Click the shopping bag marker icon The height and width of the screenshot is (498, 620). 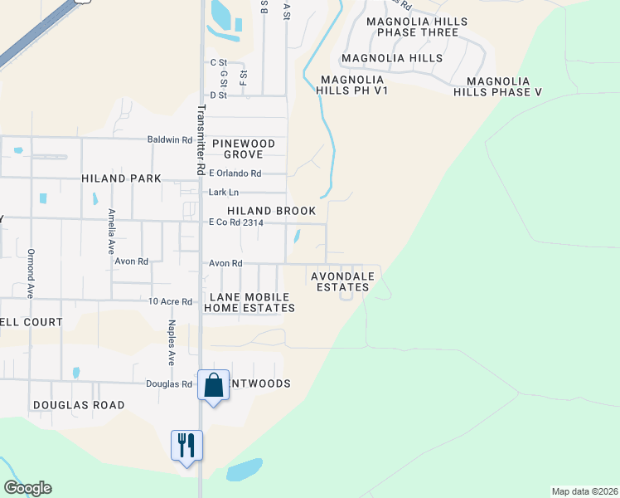tap(214, 386)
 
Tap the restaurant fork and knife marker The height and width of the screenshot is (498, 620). tap(186, 445)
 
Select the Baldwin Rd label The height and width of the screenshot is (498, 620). tap(170, 140)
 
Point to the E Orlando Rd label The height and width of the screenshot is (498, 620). tap(235, 173)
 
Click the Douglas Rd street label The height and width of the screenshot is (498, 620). tap(169, 383)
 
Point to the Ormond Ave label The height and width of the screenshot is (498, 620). tap(30, 274)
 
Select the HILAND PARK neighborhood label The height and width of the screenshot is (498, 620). tap(115, 178)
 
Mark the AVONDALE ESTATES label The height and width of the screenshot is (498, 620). tap(342, 281)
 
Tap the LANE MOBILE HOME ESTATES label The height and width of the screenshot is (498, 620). tap(249, 302)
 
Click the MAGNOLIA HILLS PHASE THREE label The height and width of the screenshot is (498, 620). tap(417, 27)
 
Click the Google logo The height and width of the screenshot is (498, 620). tap(27, 488)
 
